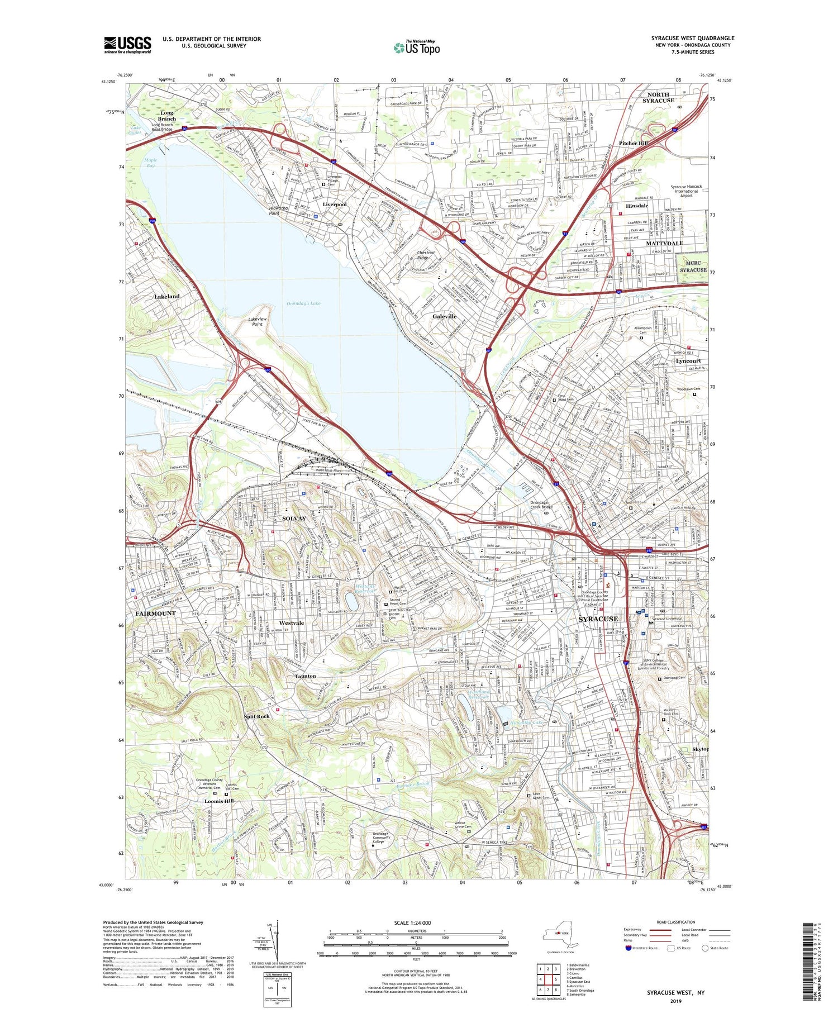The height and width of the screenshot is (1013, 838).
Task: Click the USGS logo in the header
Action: click(127, 45)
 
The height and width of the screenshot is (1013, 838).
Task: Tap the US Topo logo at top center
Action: click(417, 48)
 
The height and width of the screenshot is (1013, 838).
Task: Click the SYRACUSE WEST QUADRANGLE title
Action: click(692, 38)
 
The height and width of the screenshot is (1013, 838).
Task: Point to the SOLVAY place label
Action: click(294, 519)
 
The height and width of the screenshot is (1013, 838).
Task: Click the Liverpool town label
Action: click(335, 204)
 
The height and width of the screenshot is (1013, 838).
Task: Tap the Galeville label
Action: click(444, 316)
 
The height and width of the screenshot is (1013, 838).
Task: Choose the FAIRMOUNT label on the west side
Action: click(155, 613)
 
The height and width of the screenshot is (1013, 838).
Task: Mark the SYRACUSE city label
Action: click(598, 619)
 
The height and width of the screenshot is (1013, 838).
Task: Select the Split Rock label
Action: click(256, 716)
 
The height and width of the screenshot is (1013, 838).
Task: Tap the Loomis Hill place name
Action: click(220, 801)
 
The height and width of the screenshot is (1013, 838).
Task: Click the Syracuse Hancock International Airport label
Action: click(686, 191)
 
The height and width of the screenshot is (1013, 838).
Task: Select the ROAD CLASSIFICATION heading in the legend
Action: click(676, 922)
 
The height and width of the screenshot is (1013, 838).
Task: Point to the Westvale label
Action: click(292, 623)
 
